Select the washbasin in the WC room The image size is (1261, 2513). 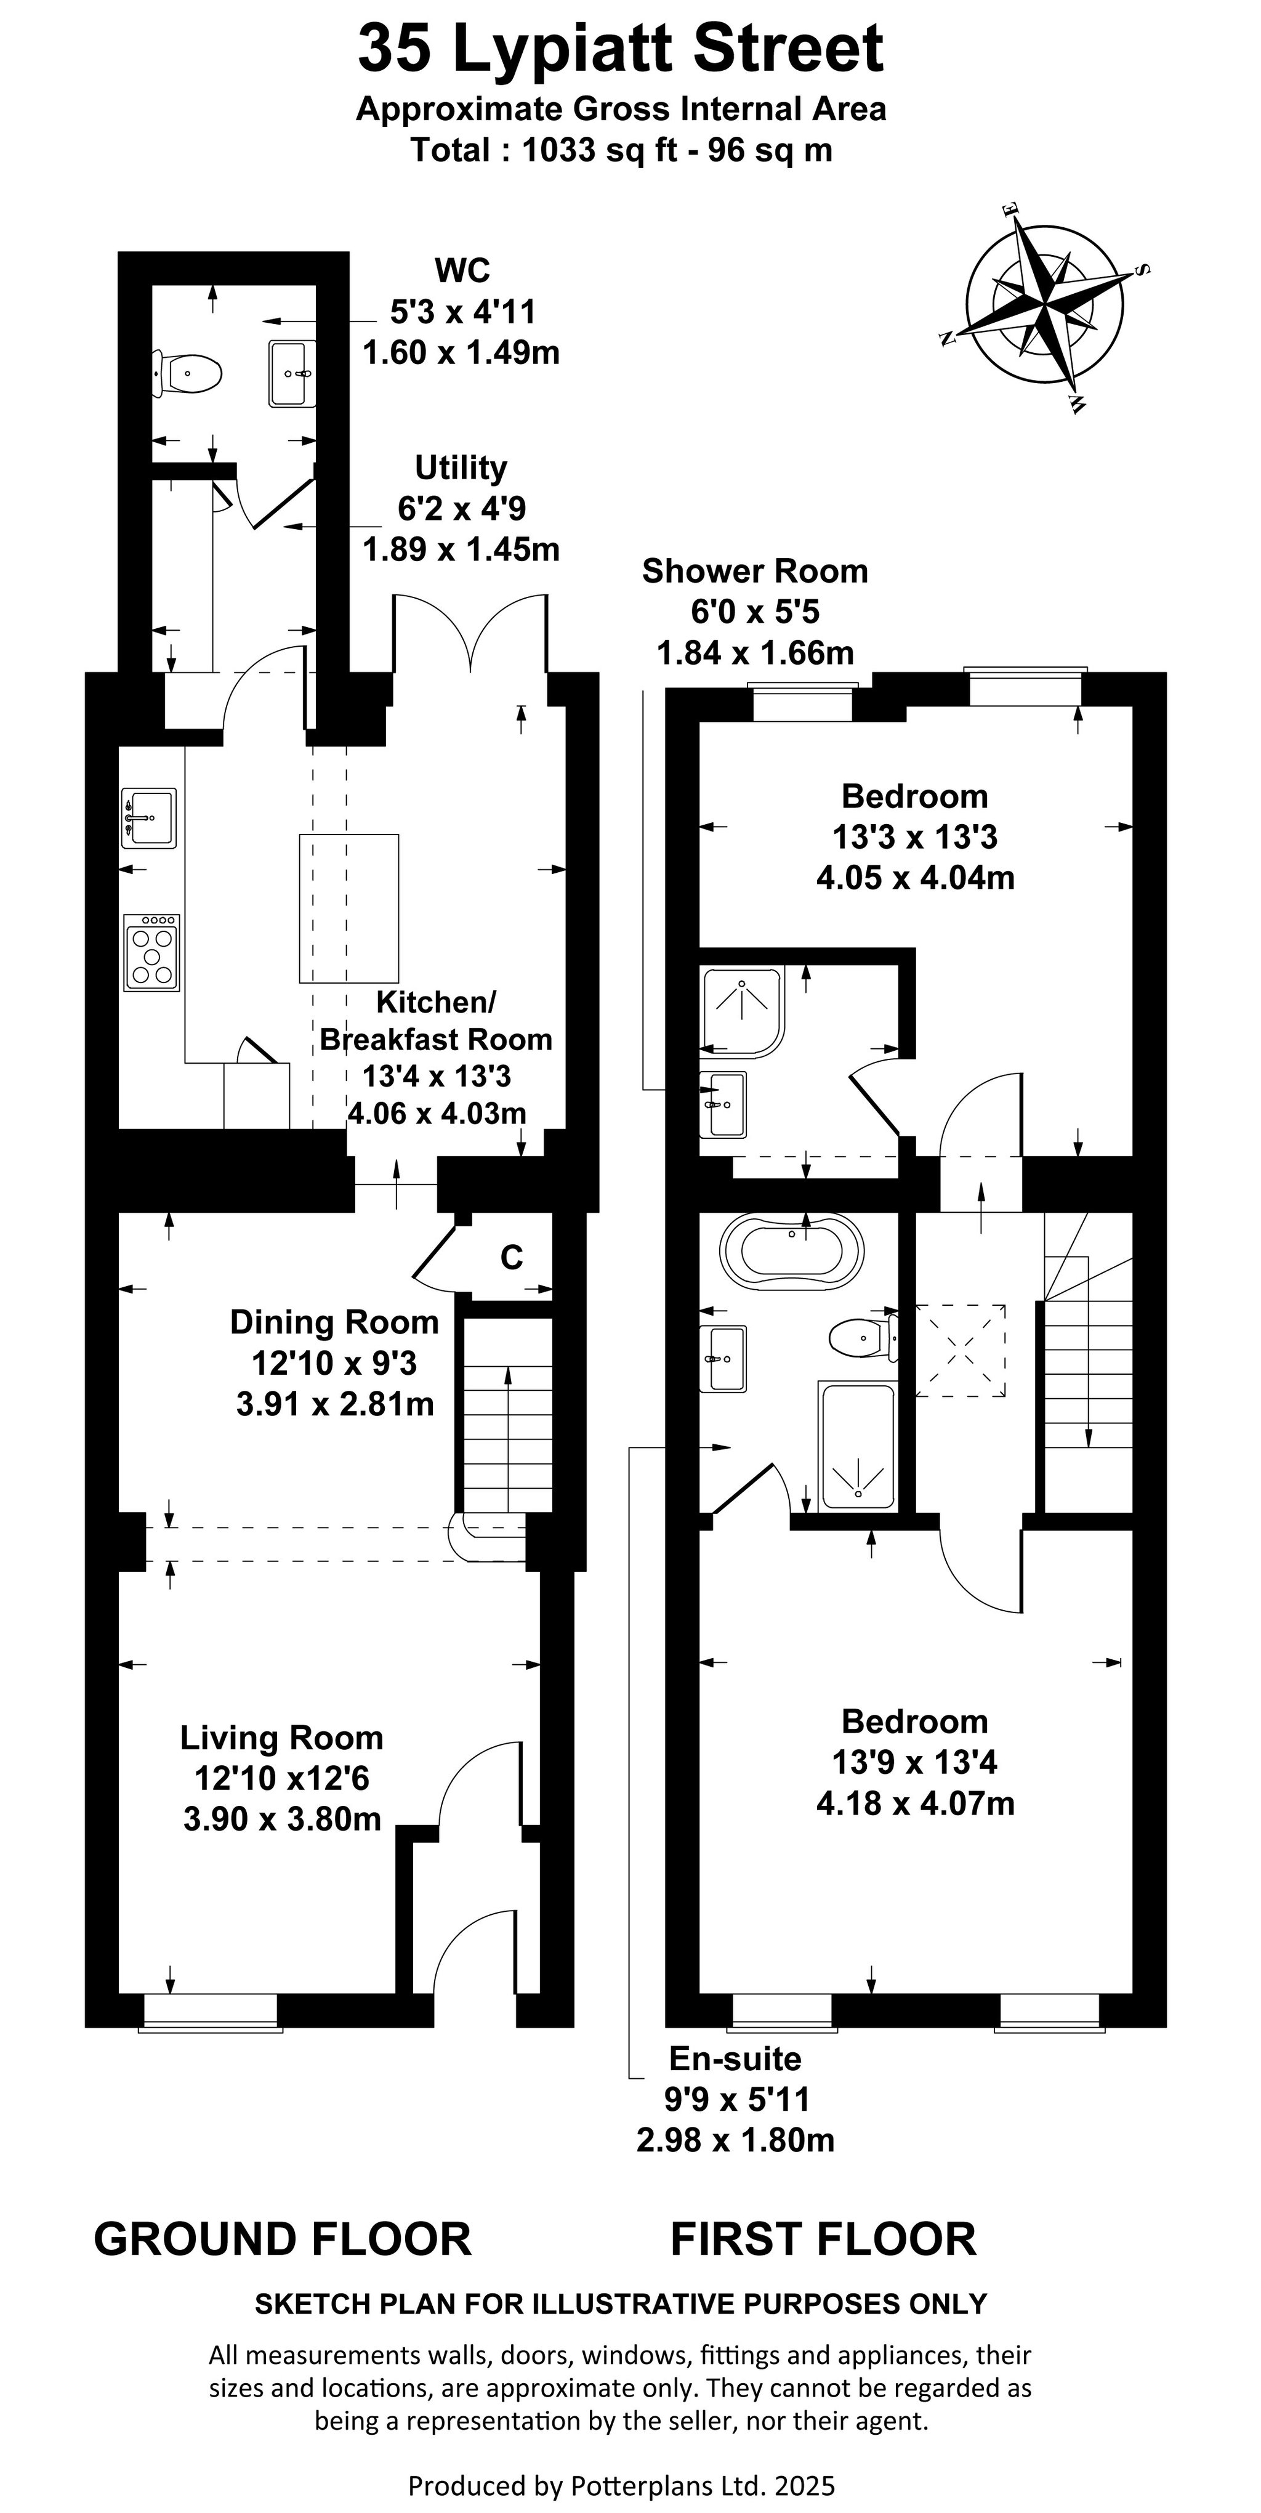(291, 373)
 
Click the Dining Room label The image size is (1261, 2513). (334, 1322)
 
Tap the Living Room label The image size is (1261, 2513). (282, 1738)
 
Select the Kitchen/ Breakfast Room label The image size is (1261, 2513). (436, 1021)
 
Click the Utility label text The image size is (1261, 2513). (461, 468)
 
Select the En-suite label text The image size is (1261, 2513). (735, 2058)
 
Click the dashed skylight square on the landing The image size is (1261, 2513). (961, 1350)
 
